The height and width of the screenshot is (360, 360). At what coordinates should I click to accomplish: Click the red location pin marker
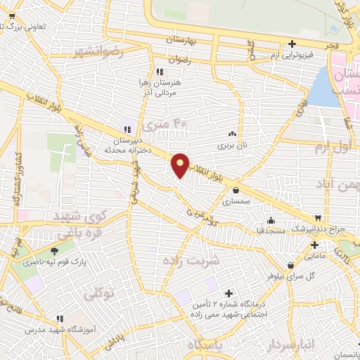180,165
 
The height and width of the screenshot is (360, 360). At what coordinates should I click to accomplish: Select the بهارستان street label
188,41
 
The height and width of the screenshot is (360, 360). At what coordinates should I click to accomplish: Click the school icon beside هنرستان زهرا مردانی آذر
160,72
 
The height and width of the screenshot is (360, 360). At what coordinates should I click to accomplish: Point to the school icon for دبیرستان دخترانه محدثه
127,129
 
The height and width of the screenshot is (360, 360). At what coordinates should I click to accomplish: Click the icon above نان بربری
232,132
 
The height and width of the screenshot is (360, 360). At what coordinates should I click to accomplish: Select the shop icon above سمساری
236,189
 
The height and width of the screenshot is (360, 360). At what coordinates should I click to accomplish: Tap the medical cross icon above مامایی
315,245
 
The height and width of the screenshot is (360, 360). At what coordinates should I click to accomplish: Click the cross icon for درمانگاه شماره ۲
228,293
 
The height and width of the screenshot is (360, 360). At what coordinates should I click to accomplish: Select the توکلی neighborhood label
98,294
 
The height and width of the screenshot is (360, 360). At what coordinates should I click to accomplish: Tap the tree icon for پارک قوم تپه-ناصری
55,250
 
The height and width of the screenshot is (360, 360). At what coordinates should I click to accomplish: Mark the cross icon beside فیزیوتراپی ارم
292,44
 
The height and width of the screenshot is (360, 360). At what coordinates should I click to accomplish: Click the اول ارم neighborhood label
330,148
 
